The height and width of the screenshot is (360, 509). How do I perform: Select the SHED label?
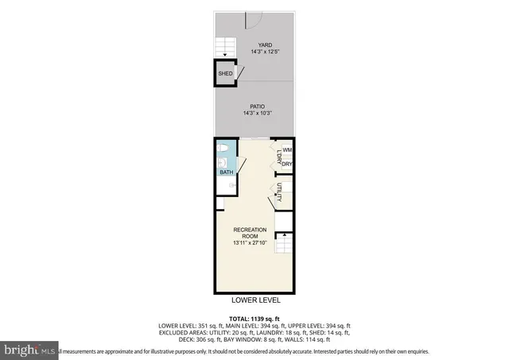[225, 74]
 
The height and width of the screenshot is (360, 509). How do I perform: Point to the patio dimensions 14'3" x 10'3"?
[256, 113]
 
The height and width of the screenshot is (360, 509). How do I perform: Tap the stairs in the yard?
[226, 47]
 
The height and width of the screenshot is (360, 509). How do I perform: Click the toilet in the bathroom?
[224, 150]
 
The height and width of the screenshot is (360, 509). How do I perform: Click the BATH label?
[226, 172]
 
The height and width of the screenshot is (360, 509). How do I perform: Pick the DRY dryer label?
[287, 164]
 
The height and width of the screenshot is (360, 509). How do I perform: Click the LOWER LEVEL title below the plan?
[255, 301]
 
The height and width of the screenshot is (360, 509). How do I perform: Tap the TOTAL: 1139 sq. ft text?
[255, 318]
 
